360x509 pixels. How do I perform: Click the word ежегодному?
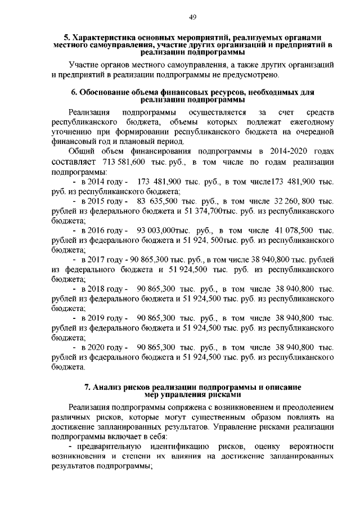click(309, 121)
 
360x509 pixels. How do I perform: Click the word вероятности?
click(311, 447)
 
